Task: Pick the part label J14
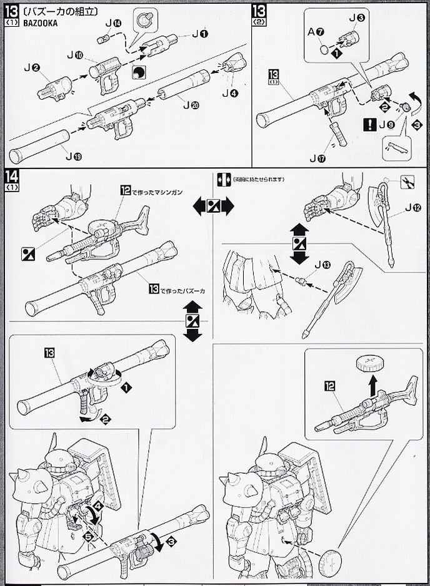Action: [x=112, y=22]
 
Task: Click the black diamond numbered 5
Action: [x=90, y=535]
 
